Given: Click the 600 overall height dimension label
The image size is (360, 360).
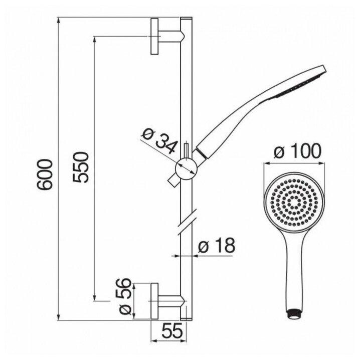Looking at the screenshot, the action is [45, 175].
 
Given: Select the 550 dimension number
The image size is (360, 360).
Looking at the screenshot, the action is [81, 167].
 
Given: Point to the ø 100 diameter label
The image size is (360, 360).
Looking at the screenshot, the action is [297, 151].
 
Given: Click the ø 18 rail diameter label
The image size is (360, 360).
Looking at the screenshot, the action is [217, 245].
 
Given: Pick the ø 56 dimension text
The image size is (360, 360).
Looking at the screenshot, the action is [125, 296].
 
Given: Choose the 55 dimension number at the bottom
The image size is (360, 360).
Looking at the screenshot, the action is [172, 331].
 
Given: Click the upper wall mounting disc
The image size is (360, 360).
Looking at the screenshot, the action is [154, 37].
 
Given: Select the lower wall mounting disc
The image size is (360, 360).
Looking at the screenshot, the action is [154, 301].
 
